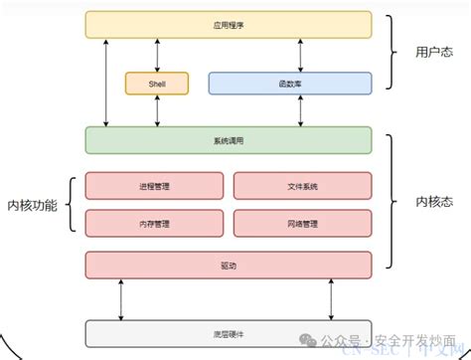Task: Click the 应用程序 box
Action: (229, 24)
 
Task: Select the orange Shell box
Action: (157, 83)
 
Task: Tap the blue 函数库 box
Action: (289, 83)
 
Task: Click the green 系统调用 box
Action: (229, 140)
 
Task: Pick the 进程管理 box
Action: (154, 185)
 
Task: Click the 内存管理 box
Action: (154, 223)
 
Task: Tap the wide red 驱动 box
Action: (229, 265)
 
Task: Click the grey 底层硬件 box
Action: (229, 334)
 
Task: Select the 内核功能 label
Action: (32, 205)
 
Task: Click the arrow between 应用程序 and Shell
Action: (157, 55)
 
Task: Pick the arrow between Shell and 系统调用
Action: (157, 111)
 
